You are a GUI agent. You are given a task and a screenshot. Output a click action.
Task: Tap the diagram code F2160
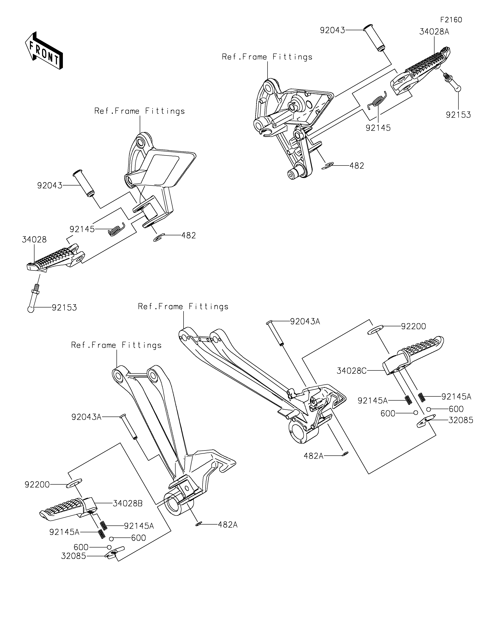451,20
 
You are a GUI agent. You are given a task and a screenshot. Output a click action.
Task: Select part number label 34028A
434,32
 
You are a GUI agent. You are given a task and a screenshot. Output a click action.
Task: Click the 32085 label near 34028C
461,420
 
